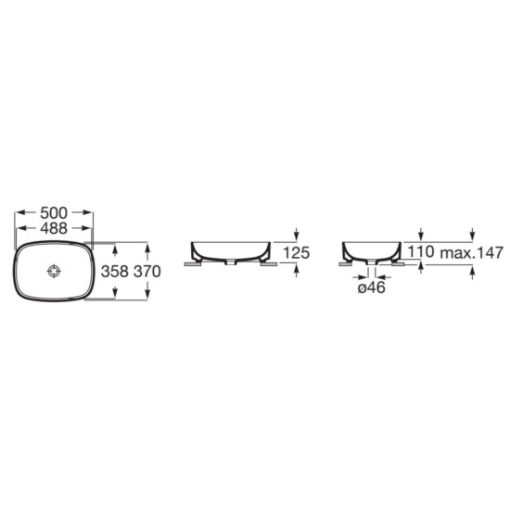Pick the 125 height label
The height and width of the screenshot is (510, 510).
[296, 252]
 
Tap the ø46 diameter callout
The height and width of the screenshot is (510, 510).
[372, 288]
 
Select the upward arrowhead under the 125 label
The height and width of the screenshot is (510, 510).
[296, 268]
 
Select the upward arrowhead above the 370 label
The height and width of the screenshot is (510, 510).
[147, 248]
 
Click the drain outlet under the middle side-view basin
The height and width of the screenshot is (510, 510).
[232, 262]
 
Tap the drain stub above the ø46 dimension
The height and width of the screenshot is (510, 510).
[372, 270]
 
